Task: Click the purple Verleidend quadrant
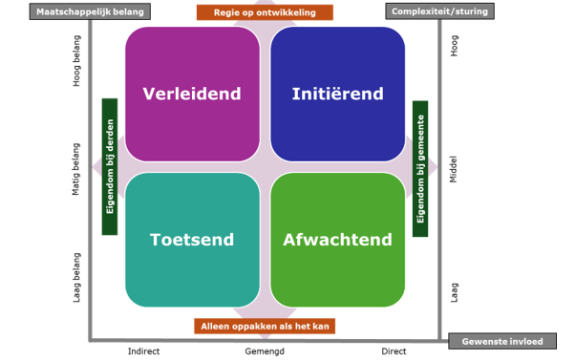pos(192,94)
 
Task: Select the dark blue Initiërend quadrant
pos(337,94)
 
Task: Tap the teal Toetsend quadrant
pos(192,240)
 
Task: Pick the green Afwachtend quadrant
pos(337,240)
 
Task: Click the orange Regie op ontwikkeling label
pos(265,12)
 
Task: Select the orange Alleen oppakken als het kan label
pos(265,326)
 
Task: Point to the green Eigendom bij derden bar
pos(109,166)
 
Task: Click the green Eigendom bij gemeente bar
pos(420,167)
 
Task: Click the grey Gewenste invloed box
pos(502,341)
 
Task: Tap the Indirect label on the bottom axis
pos(144,351)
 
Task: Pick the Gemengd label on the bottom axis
pos(264,351)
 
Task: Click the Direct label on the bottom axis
pos(394,351)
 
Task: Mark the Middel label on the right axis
pos(455,169)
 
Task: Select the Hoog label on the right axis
pos(455,46)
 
